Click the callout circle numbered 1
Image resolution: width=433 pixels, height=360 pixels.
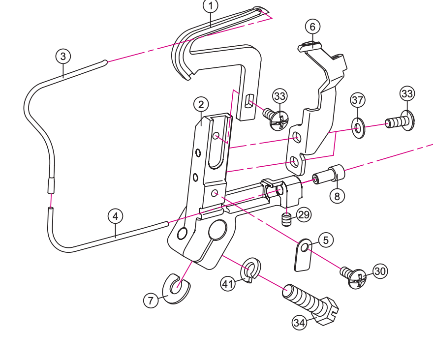click(211, 6)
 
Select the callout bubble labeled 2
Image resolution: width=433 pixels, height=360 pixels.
click(201, 104)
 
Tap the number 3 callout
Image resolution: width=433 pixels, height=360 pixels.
click(62, 56)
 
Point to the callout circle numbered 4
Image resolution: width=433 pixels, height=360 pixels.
click(115, 216)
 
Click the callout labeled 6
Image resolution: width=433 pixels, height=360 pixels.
click(312, 26)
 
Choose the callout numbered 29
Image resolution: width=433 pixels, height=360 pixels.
click(304, 214)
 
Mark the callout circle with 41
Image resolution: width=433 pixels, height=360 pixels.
click(228, 284)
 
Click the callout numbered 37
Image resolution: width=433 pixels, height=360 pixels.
click(358, 100)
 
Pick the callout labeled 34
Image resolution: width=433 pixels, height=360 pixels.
click(299, 323)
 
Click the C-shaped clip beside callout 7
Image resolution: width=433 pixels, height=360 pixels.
click(176, 288)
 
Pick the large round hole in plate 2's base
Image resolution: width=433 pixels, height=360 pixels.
click(217, 230)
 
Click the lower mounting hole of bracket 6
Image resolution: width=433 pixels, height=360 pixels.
click(294, 161)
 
